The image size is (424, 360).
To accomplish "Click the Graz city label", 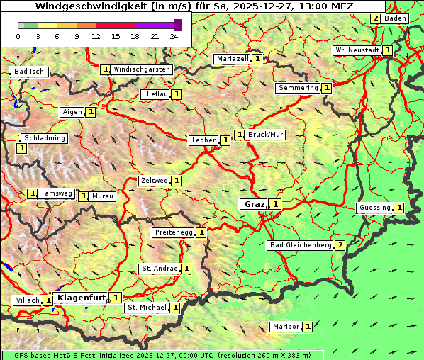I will tap(254, 204).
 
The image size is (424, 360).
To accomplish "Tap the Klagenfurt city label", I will tap(82, 298).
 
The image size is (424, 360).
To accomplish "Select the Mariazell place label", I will tap(232, 58).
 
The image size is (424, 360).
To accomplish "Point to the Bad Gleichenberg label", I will tap(301, 245).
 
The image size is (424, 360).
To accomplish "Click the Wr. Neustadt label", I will tap(357, 50).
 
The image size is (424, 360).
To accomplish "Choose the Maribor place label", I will tap(285, 327).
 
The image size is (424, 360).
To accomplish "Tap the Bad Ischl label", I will tap(30, 72).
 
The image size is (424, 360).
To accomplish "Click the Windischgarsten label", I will tap(142, 69).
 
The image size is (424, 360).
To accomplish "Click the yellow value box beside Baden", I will tap(375, 18).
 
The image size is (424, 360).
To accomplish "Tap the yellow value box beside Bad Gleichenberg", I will tap(340, 245).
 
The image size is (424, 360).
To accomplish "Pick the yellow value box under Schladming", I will tap(21, 148).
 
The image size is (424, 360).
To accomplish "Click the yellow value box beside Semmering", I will tap(326, 88).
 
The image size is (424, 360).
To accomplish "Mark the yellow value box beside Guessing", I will tap(399, 208).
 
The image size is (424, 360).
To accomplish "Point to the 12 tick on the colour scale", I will tap(96, 35).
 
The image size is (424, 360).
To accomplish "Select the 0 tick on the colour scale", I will tap(18, 35).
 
